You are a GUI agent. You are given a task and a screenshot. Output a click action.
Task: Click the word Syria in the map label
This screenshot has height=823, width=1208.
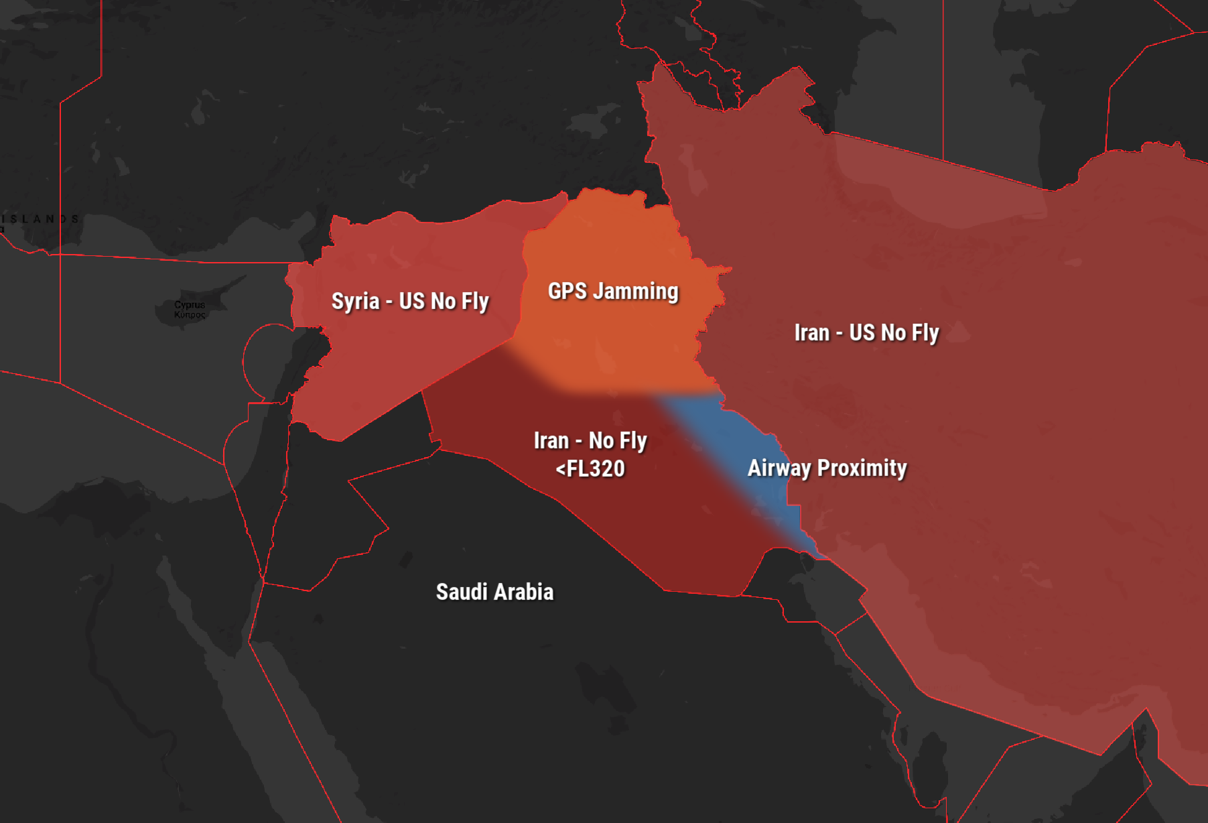coord(356,301)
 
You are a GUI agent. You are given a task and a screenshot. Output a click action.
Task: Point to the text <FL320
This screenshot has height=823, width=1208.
coord(590,468)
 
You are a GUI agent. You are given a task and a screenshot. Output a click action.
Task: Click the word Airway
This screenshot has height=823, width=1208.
coord(779,468)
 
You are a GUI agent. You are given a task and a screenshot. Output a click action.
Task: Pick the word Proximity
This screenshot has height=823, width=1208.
coord(862,468)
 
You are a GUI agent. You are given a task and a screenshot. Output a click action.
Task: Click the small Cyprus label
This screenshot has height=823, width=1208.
coord(190,305)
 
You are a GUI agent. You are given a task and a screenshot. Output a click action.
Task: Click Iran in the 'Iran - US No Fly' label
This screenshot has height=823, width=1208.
coord(811,332)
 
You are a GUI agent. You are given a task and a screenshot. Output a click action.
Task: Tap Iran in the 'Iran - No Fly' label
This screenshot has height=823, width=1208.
coord(551,440)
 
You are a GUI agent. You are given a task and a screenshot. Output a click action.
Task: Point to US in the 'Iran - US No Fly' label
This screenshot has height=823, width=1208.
coord(862,332)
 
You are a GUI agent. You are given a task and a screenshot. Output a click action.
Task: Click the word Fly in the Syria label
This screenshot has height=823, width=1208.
coord(475,302)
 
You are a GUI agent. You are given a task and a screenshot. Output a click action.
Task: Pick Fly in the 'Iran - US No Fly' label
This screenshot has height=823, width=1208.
coord(925,333)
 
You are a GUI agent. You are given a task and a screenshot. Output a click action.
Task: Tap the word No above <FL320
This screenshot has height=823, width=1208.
coord(601,440)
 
